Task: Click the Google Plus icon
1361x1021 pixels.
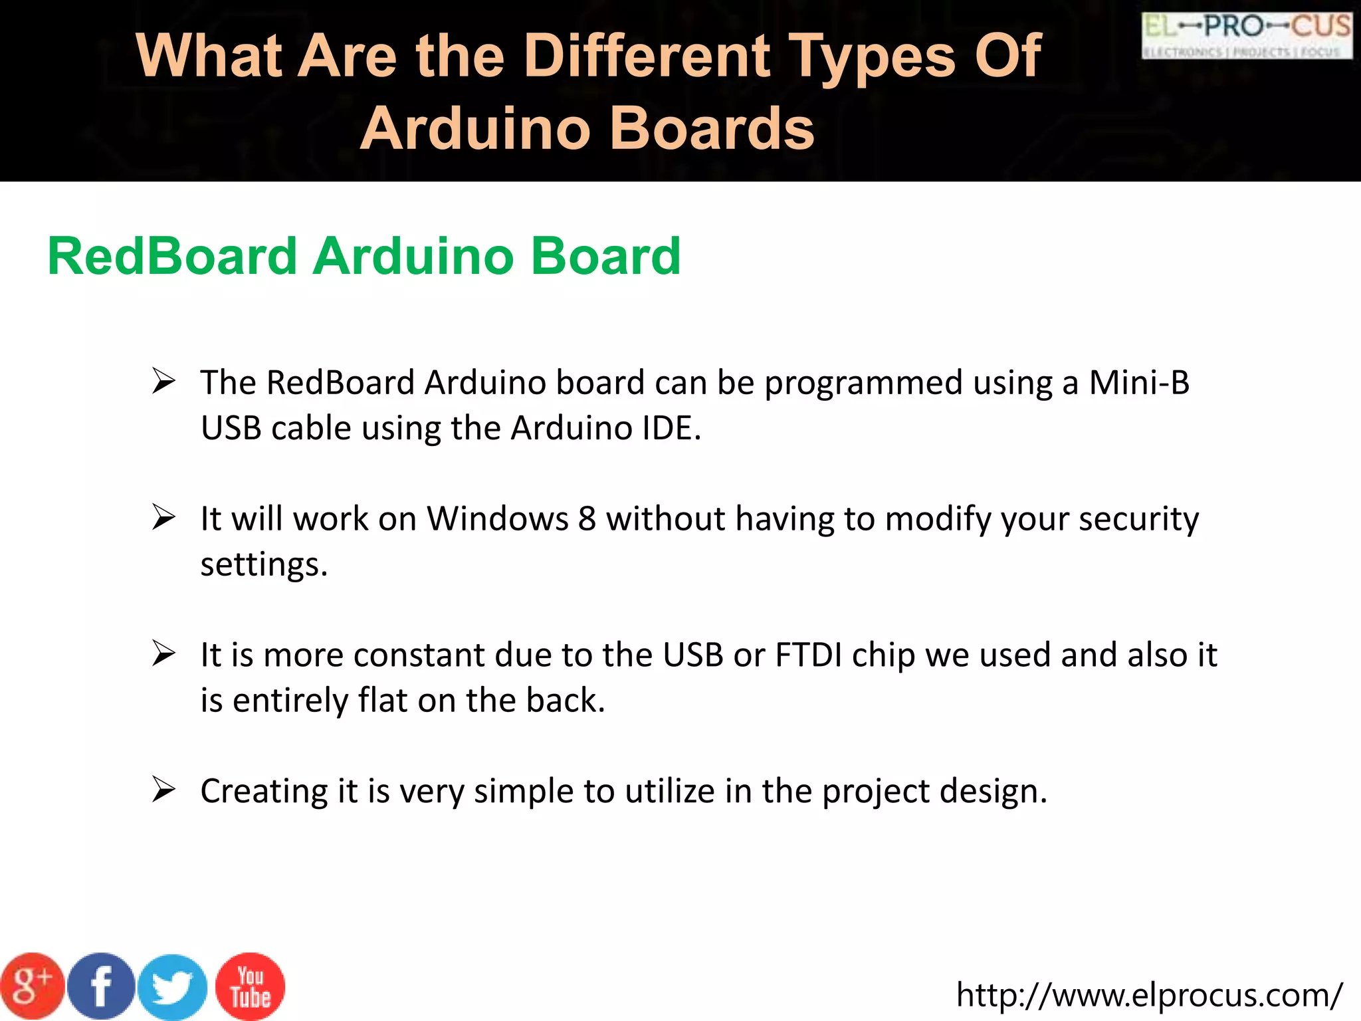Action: [x=32, y=986]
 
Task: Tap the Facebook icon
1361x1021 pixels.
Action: [x=102, y=986]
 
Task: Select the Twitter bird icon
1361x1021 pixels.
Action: [x=173, y=988]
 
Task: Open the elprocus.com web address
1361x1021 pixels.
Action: [x=1149, y=995]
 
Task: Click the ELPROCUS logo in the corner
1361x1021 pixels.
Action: [x=1247, y=35]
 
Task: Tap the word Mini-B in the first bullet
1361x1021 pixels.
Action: [x=1139, y=383]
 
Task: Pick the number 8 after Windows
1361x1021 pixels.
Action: [x=587, y=518]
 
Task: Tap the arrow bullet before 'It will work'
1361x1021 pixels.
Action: [x=163, y=517]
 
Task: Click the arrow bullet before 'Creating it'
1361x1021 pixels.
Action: [x=163, y=790]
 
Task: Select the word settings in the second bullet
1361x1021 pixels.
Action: [x=264, y=565]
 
